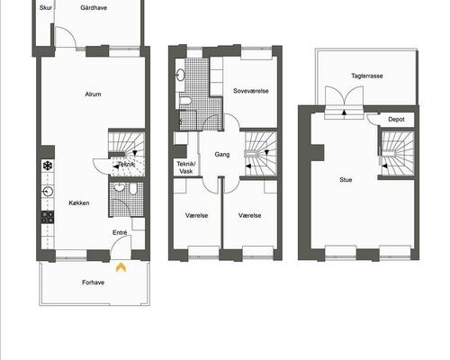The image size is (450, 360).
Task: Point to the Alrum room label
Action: coord(92,94)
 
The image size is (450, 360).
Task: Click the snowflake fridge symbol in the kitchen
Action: coord(46,166)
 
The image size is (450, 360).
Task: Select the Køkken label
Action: coord(78,202)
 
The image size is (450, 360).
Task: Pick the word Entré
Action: coord(120,232)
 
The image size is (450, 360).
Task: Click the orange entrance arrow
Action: coord(121,265)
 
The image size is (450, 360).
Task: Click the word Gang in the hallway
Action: coord(220,154)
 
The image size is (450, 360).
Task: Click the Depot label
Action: coord(396,119)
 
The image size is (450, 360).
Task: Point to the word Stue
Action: coord(346,178)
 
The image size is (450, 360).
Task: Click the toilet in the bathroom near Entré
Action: coord(131,189)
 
